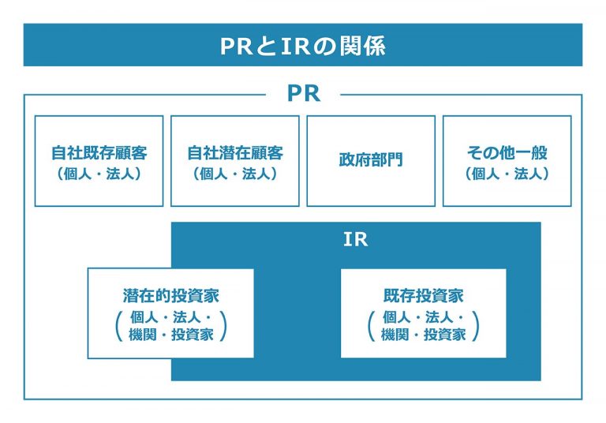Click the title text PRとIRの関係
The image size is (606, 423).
click(x=303, y=46)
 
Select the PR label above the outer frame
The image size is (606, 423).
click(x=303, y=94)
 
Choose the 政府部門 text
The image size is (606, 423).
click(x=370, y=160)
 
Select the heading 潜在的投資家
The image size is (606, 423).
click(x=170, y=297)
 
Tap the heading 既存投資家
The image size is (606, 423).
click(x=423, y=297)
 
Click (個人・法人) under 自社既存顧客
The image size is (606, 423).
click(x=99, y=174)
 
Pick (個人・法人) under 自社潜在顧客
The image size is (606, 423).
click(x=234, y=174)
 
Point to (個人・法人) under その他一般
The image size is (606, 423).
click(x=507, y=174)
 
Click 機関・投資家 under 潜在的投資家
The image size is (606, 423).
click(x=170, y=335)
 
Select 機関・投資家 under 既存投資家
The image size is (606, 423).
click(x=423, y=335)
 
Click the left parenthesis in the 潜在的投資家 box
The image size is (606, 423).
click(x=118, y=325)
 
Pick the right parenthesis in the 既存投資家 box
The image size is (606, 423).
click(x=477, y=325)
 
